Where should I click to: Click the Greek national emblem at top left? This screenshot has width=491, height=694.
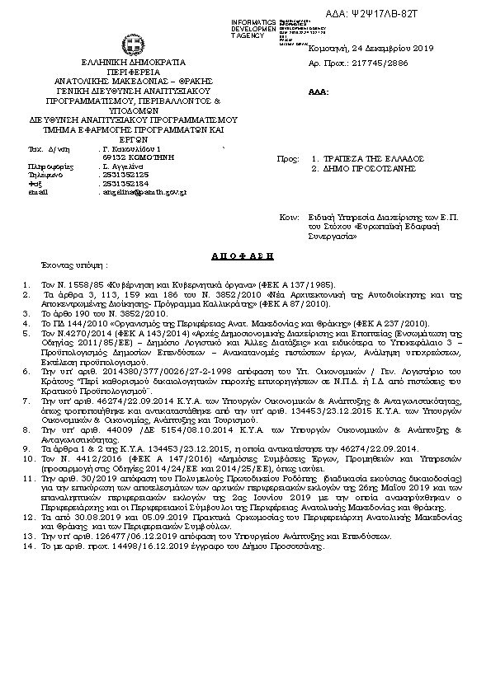pos(132,42)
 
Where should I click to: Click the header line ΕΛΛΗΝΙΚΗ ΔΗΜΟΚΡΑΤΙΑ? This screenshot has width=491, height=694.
pos(133,62)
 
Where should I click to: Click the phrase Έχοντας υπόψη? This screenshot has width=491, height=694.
pos(75,266)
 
